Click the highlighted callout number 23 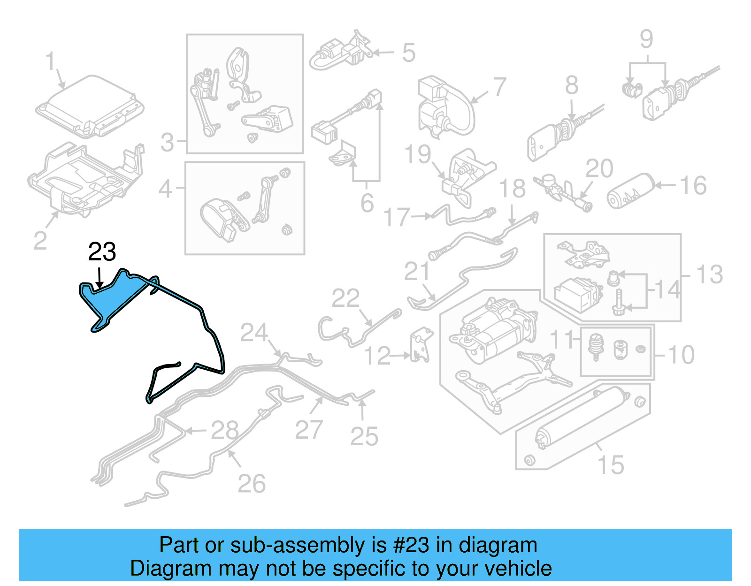coord(102,252)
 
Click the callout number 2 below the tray coord(40,241)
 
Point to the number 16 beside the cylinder coord(693,186)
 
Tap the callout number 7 coord(499,87)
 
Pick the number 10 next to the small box coord(681,355)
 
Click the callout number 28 coord(224,430)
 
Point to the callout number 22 coord(345,298)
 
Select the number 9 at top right coord(646,39)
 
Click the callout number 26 coord(251,484)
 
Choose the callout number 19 coord(417,154)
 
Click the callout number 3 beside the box coord(167,142)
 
